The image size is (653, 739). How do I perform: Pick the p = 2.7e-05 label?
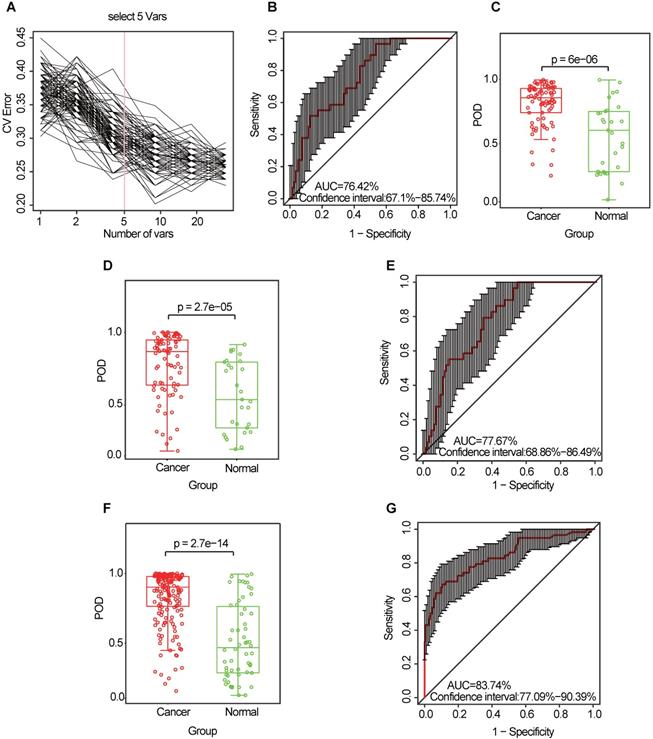[x=199, y=309]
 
